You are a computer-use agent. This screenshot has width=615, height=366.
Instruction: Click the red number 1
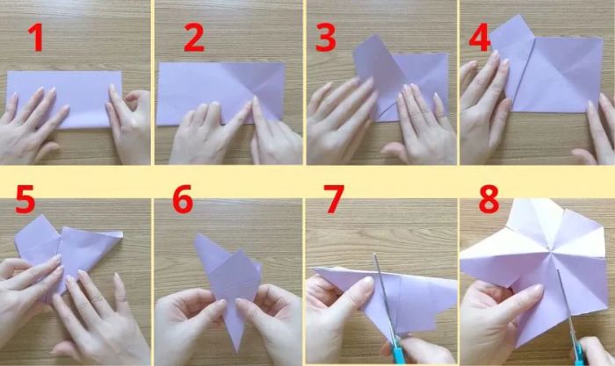tap(35, 38)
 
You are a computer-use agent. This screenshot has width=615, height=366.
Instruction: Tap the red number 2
tap(194, 38)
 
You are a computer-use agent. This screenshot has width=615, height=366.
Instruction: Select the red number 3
tap(326, 38)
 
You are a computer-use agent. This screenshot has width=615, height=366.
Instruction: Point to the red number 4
tap(480, 38)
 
